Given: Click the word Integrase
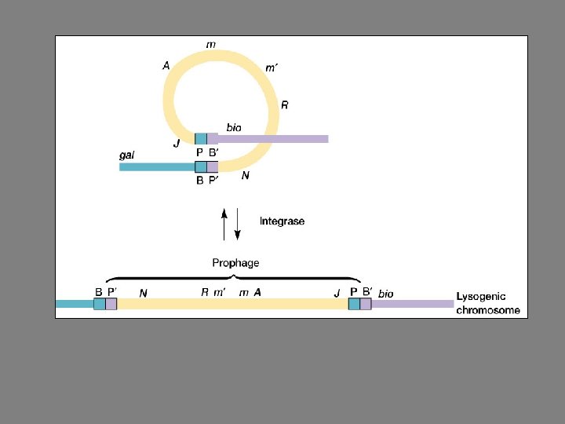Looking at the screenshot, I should [282, 221].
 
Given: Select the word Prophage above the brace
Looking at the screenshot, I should [235, 263].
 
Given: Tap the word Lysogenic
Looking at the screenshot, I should [481, 298].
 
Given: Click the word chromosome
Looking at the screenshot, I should [488, 310].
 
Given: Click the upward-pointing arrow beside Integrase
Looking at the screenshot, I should [224, 224].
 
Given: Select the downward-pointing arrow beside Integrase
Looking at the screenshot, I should [239, 224].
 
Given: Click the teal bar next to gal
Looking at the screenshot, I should [157, 166].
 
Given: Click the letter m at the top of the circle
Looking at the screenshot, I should [211, 45].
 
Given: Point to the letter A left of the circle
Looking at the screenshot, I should [166, 67].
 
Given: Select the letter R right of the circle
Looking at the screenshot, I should [285, 105].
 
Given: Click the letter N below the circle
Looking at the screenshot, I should [246, 177].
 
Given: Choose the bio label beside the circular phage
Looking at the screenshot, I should [234, 126].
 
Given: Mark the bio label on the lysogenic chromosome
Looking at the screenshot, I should [386, 294].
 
